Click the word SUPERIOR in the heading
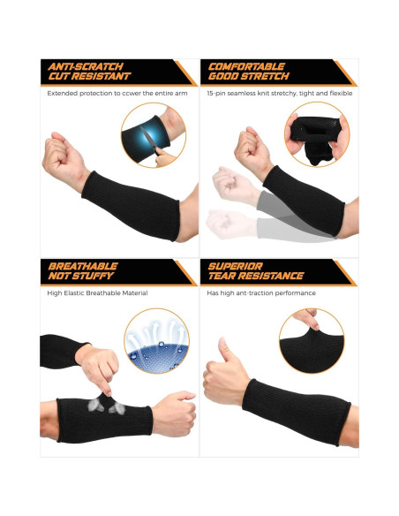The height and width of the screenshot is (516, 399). [x=235, y=266]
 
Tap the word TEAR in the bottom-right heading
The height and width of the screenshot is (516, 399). [x=223, y=277]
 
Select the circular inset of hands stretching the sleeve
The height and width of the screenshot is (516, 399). [x=316, y=134]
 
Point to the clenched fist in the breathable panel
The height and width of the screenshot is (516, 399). [x=174, y=412]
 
